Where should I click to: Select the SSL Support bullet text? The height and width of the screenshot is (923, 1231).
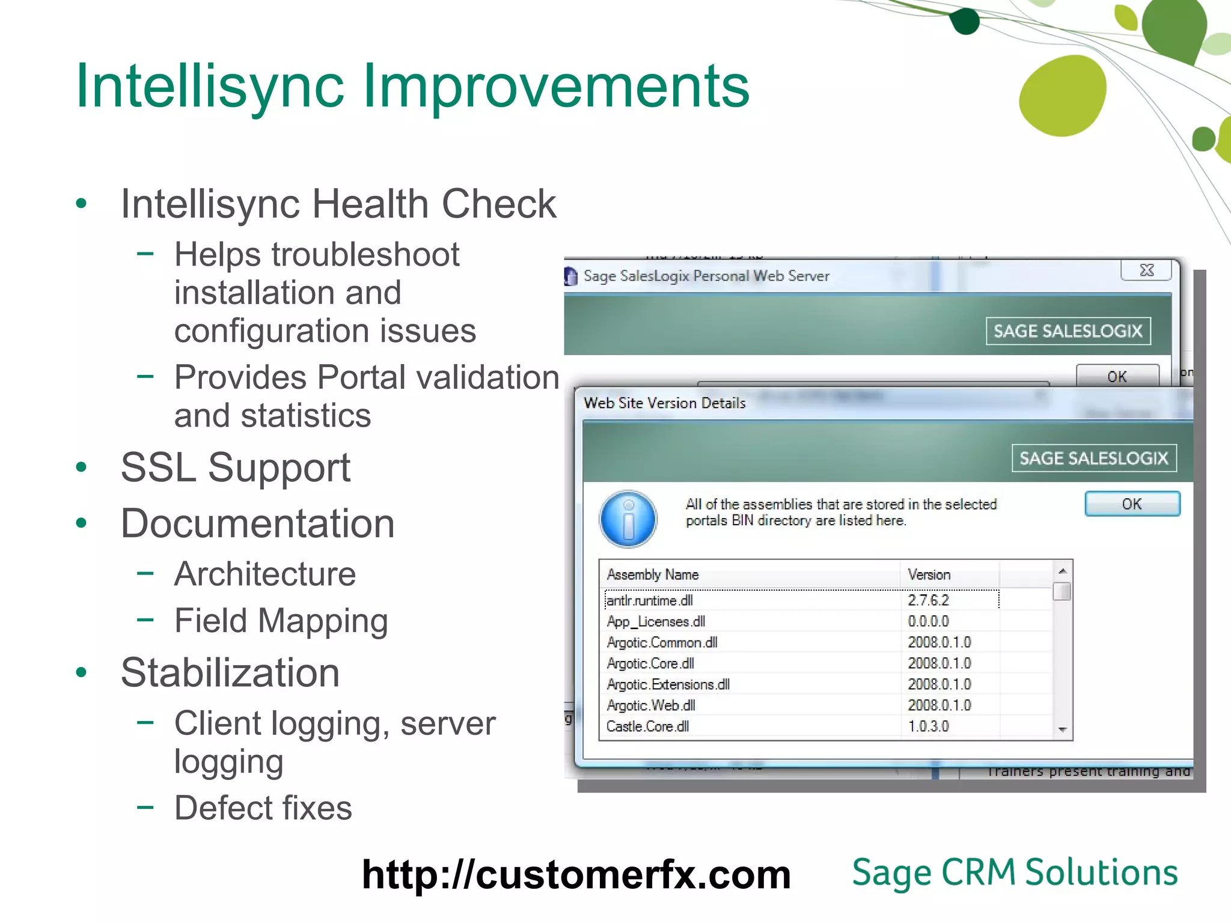coord(235,468)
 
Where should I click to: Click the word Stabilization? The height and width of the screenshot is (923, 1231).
coord(230,672)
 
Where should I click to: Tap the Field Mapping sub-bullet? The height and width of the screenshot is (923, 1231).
coord(281,621)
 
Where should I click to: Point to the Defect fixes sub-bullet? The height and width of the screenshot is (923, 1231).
coord(263,808)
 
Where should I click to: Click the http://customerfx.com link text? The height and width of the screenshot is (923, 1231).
coord(576,874)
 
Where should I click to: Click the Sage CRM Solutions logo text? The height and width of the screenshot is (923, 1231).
coord(1015,873)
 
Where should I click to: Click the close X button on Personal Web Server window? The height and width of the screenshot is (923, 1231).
coord(1146,270)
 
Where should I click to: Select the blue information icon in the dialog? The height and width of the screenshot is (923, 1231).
coord(628,519)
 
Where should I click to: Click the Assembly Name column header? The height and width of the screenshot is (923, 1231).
coord(653,574)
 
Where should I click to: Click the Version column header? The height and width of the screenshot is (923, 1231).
coord(929,574)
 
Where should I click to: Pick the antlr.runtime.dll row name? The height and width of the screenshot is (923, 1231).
coord(650,600)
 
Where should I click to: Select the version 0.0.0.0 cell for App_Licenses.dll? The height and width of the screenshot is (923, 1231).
coord(928,621)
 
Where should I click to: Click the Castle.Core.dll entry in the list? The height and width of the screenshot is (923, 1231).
coord(647,727)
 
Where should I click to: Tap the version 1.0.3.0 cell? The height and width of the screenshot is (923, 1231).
coord(928,727)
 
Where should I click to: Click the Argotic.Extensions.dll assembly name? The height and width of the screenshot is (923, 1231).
coord(668,684)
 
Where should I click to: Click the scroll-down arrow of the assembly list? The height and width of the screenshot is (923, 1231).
coord(1062,730)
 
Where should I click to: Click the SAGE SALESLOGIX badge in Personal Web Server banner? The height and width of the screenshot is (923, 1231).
coord(1068,331)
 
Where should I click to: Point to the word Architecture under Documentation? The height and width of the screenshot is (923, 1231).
coord(265,574)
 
